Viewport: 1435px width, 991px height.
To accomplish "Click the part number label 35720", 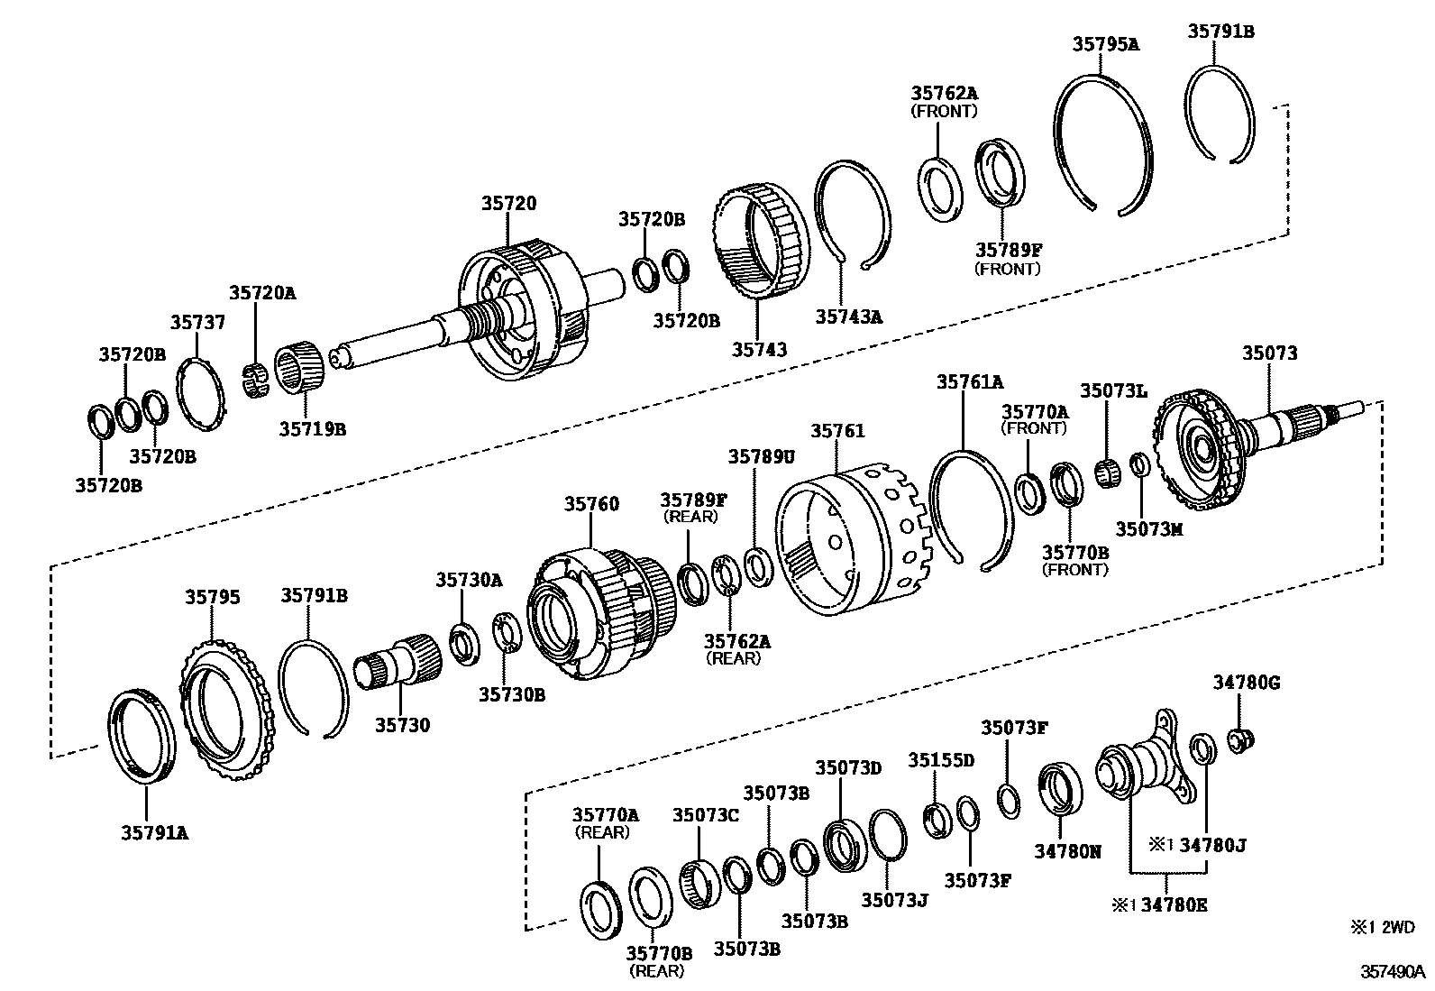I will click(507, 203).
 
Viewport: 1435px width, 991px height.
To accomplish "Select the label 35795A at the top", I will click(1105, 43).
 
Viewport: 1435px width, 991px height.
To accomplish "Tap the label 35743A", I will click(848, 317).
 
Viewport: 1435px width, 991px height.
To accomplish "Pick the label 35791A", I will click(154, 832).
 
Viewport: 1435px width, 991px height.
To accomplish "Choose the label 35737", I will click(197, 322).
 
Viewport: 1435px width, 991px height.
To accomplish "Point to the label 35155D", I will click(941, 759).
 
